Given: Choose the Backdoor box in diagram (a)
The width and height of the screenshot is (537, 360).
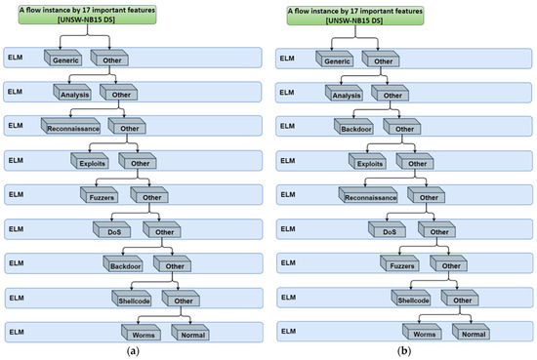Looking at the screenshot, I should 122,263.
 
